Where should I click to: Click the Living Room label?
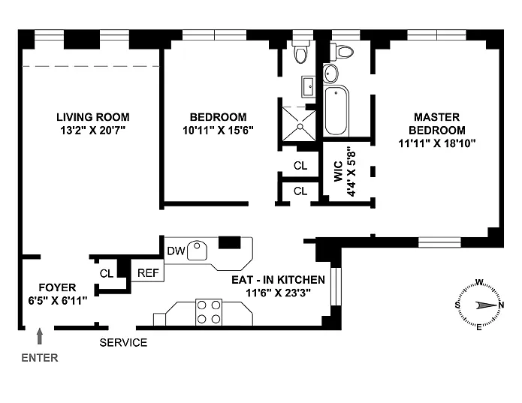pos(93,117)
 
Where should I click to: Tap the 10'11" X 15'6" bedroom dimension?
pos(218,130)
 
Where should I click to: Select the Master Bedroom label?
pos(437,123)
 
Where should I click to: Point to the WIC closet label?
pos(338,171)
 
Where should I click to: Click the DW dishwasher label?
pos(176,251)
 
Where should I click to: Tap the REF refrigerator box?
pos(148,270)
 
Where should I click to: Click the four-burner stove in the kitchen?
pos(209,312)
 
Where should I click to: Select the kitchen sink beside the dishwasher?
pos(197,251)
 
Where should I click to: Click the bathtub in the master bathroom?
pos(336,111)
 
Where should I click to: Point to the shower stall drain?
pos(300,126)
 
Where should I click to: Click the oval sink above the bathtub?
pos(330,73)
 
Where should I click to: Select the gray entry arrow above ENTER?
pos(40,336)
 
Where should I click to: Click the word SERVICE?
pos(123,342)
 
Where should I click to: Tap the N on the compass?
pos(501,305)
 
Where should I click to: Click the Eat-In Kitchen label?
pos(279,280)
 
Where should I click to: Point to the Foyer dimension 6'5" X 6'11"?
pos(58,301)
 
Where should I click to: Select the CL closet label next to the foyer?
pos(107,273)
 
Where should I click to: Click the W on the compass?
pos(479,282)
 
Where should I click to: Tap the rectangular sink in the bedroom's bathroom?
pos(309,87)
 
